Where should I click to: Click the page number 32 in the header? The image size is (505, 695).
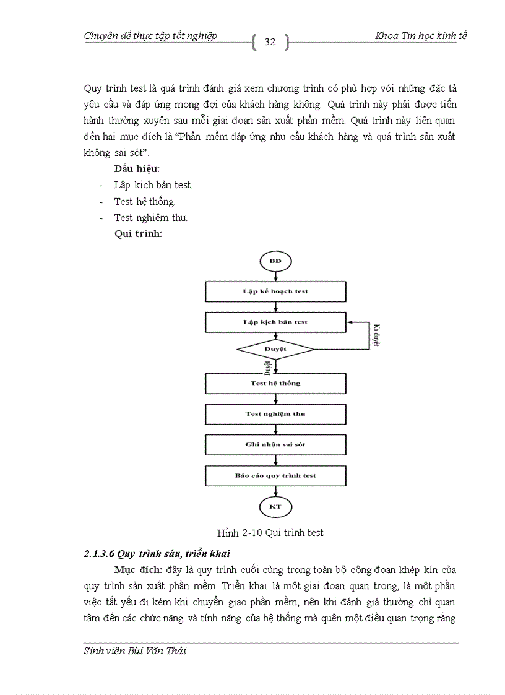pos(270,42)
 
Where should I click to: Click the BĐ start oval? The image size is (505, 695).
pos(275,261)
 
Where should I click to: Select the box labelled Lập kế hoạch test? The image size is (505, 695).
pos(275,291)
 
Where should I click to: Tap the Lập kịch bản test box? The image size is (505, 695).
pos(275,322)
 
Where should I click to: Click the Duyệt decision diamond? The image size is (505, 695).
pos(275,350)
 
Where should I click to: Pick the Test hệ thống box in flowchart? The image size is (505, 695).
pos(275,383)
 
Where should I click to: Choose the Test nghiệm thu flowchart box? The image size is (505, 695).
pos(275,414)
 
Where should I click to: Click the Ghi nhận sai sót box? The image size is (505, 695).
pos(275,444)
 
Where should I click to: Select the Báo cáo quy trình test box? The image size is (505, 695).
pos(275,475)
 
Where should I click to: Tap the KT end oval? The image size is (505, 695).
pos(275,507)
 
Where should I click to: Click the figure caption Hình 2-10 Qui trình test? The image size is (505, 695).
pos(270,532)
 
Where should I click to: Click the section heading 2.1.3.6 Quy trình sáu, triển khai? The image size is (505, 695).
pos(157,553)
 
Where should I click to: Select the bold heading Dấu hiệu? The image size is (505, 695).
pos(137,168)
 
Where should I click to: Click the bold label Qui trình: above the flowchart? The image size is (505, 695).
pos(139,234)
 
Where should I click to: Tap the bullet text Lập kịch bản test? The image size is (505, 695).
pos(153,185)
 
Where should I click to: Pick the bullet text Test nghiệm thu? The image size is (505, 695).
pos(150,218)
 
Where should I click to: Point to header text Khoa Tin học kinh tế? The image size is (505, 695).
pos(421,36)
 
